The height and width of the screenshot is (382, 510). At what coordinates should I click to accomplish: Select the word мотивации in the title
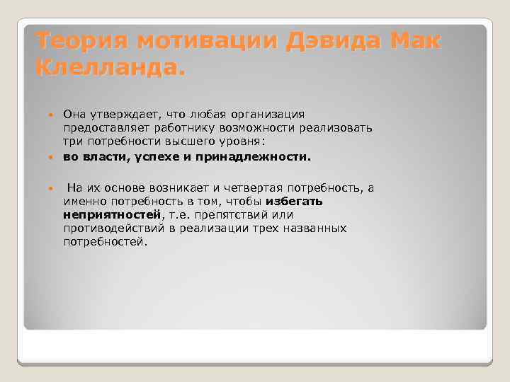coord(208,42)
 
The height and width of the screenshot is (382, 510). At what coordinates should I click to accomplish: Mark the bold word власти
coord(104,156)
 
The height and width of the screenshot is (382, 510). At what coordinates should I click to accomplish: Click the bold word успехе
coord(157,156)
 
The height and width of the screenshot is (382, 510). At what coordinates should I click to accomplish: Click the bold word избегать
coord(294,201)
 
